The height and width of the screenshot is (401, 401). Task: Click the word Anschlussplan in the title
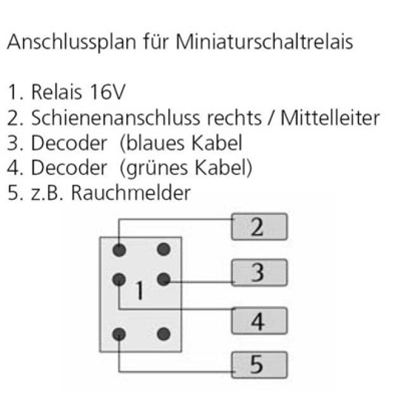(72, 43)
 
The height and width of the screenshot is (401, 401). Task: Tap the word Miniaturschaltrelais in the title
(264, 41)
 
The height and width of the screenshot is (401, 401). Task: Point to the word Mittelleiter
(330, 118)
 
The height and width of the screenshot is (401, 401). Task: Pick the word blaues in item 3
(156, 143)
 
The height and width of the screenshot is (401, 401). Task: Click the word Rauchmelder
(131, 193)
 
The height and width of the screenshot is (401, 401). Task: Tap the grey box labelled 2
(259, 227)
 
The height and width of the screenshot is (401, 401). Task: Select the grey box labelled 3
(259, 272)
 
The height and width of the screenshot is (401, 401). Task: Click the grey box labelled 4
(259, 321)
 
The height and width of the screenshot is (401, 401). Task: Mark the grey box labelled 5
(259, 365)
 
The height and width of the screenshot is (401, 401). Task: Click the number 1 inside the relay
(140, 290)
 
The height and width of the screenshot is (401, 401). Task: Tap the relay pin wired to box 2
(119, 250)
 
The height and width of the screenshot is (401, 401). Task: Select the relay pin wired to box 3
(163, 279)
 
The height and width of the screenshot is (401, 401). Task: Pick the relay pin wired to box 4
(119, 279)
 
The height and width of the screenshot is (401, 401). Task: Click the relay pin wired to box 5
(119, 334)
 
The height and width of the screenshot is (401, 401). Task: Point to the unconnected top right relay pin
(163, 249)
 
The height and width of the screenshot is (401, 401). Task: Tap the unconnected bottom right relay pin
(163, 334)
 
